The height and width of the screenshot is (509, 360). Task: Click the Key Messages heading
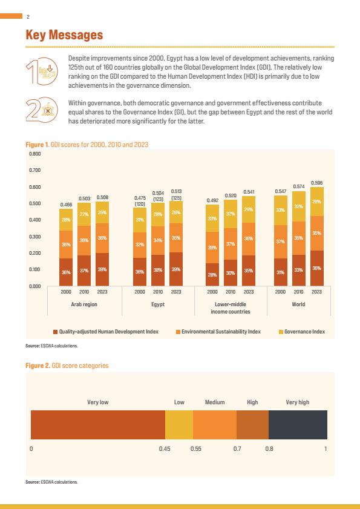[64, 35]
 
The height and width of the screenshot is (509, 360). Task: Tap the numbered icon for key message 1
[42, 71]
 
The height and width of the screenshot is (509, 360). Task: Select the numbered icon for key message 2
[42, 110]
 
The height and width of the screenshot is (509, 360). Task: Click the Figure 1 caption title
[87, 145]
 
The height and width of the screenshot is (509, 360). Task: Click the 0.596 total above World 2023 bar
[316, 183]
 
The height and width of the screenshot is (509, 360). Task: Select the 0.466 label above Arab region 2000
[66, 205]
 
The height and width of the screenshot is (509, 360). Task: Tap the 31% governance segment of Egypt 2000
[140, 220]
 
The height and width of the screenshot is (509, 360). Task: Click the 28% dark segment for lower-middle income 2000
[212, 274]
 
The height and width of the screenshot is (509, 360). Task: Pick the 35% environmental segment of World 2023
[316, 234]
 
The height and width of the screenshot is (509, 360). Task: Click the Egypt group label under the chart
[158, 304]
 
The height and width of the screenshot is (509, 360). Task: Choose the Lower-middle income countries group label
[231, 307]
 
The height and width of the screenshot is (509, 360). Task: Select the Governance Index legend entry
[302, 332]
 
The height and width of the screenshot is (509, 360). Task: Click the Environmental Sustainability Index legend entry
[218, 332]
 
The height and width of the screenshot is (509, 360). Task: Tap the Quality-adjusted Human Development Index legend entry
[106, 332]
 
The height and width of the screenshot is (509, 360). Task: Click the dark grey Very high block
[298, 425]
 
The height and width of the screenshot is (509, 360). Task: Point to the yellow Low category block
[179, 425]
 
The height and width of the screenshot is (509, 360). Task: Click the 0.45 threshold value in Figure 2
[165, 449]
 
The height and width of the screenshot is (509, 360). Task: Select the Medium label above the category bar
[215, 402]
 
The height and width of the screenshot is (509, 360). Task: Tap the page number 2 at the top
[28, 17]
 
